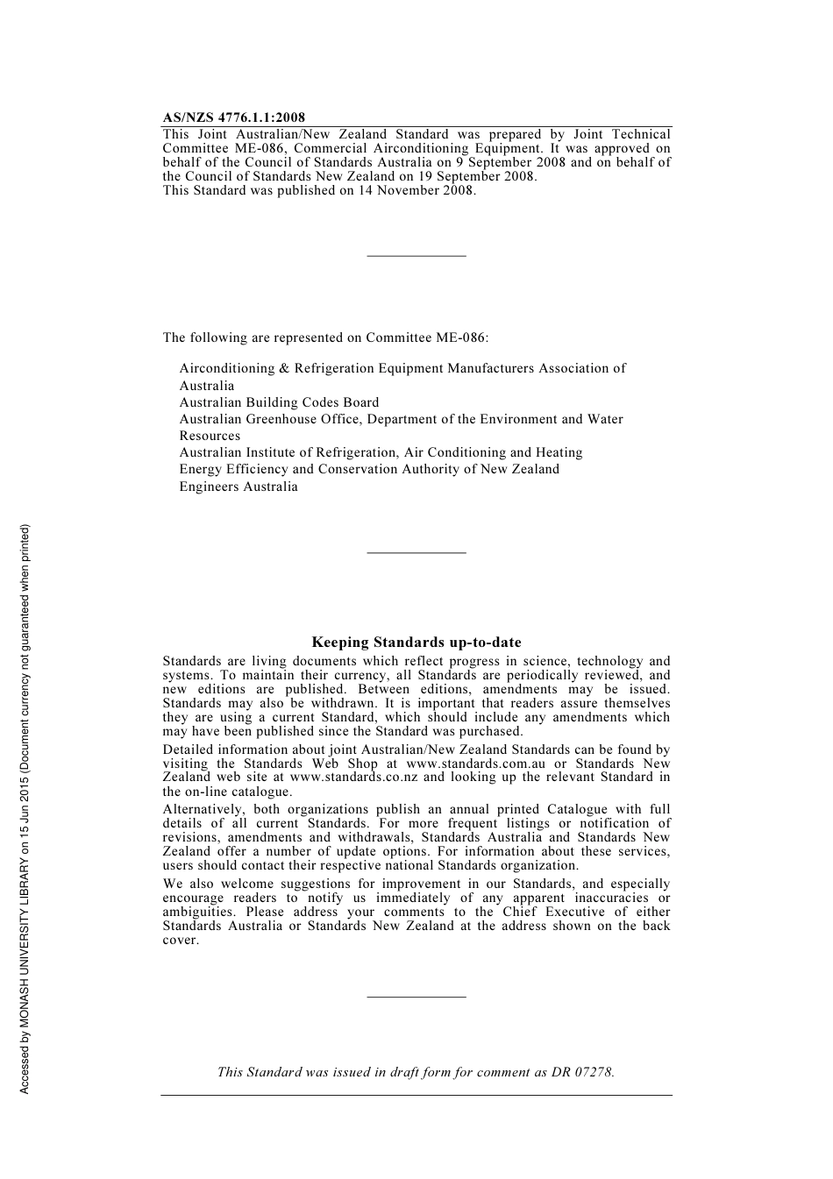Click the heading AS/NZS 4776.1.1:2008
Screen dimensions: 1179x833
(x=234, y=117)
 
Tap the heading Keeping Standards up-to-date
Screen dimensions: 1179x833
(x=416, y=643)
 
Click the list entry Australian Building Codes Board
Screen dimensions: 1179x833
(x=279, y=402)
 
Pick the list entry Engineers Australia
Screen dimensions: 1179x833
(x=239, y=487)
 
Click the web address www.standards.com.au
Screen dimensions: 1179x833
(x=475, y=764)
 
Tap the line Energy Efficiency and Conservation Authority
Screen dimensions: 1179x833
(x=369, y=469)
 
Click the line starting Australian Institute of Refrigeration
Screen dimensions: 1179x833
(x=381, y=452)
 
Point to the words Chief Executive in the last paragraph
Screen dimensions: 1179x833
(x=550, y=912)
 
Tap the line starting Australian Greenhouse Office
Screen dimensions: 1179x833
(x=401, y=419)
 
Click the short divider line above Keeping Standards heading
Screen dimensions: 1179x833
(x=416, y=552)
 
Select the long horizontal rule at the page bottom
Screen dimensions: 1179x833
(x=416, y=1095)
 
